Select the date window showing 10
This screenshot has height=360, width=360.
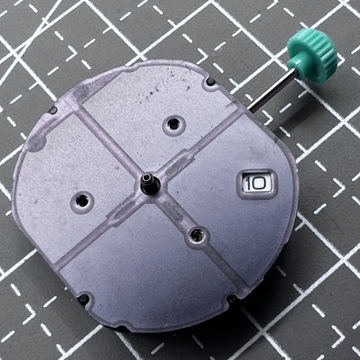256,183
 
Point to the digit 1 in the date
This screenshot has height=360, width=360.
247,183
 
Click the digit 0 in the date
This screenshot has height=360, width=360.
260,183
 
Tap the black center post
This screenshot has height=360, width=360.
149,184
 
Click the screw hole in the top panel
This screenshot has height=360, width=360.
173,125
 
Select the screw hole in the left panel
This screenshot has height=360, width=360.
82,200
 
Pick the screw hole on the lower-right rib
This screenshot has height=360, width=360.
197,235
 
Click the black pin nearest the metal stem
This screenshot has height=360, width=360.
210,81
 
